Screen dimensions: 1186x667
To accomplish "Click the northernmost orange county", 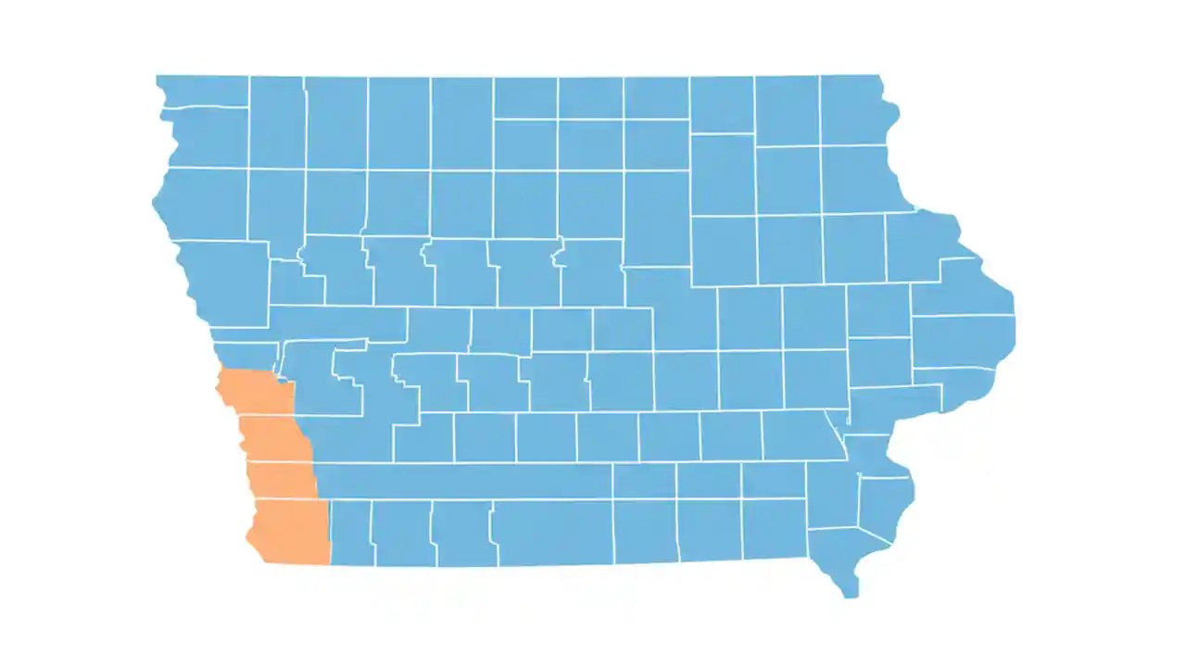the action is click(254, 394).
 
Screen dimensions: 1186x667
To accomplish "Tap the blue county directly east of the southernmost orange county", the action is click(351, 532).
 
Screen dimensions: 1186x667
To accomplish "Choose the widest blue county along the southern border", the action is click(551, 532).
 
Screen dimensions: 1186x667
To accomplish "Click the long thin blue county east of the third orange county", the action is click(463, 480).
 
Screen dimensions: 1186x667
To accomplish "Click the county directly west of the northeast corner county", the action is click(788, 110).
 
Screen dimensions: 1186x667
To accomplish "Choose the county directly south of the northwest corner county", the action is click(206, 137).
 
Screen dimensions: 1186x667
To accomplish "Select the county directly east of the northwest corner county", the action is click(276, 121).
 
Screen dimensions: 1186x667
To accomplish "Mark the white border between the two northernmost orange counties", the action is click(267, 416).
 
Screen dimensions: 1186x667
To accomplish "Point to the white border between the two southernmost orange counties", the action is click(284, 498).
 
